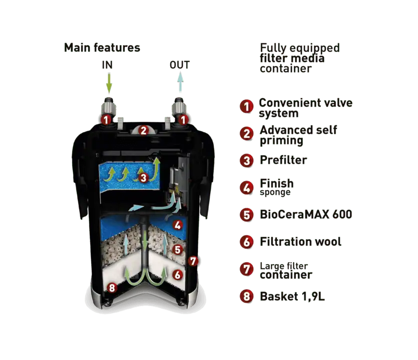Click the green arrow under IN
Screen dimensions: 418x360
pyautogui.click(x=109, y=83)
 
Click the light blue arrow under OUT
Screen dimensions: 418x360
pyautogui.click(x=180, y=82)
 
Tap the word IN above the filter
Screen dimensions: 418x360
pyautogui.click(x=107, y=65)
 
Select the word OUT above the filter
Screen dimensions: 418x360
pyautogui.click(x=180, y=65)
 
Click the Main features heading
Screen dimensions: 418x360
pyautogui.click(x=102, y=48)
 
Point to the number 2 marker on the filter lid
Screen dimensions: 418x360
pyautogui.click(x=144, y=130)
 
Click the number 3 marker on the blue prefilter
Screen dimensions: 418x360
pyautogui.click(x=143, y=177)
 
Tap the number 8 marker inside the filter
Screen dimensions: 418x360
pyautogui.click(x=112, y=287)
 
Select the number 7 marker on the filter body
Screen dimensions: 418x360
pyautogui.click(x=193, y=261)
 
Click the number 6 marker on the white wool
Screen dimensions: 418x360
pyautogui.click(x=178, y=274)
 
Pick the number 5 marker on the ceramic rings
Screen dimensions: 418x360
pyautogui.click(x=178, y=250)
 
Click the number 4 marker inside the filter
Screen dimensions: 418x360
pyautogui.click(x=178, y=225)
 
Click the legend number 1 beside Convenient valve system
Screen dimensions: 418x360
pyautogui.click(x=247, y=106)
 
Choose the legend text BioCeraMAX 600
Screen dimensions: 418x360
pyautogui.click(x=306, y=214)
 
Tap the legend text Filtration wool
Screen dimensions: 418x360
pyautogui.click(x=301, y=241)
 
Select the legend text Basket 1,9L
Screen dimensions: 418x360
pyautogui.click(x=292, y=296)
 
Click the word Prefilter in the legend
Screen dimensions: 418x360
pyautogui.click(x=283, y=160)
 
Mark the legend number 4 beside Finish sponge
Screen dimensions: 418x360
pyautogui.click(x=247, y=188)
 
